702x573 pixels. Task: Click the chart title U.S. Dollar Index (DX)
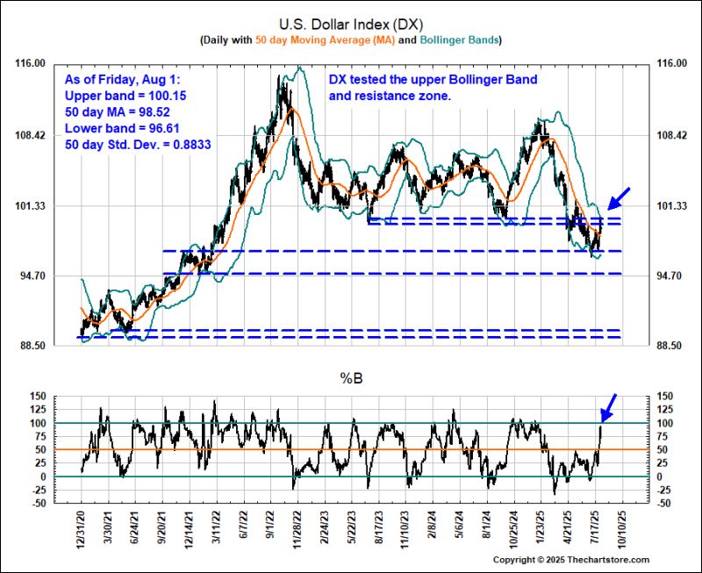point(350,24)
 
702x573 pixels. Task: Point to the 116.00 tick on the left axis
point(34,64)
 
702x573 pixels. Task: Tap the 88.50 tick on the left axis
point(34,347)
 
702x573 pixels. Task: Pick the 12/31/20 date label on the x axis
point(81,526)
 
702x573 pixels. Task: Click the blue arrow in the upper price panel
point(620,196)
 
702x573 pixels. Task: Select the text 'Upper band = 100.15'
point(125,95)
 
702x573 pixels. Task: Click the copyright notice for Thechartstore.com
point(570,560)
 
